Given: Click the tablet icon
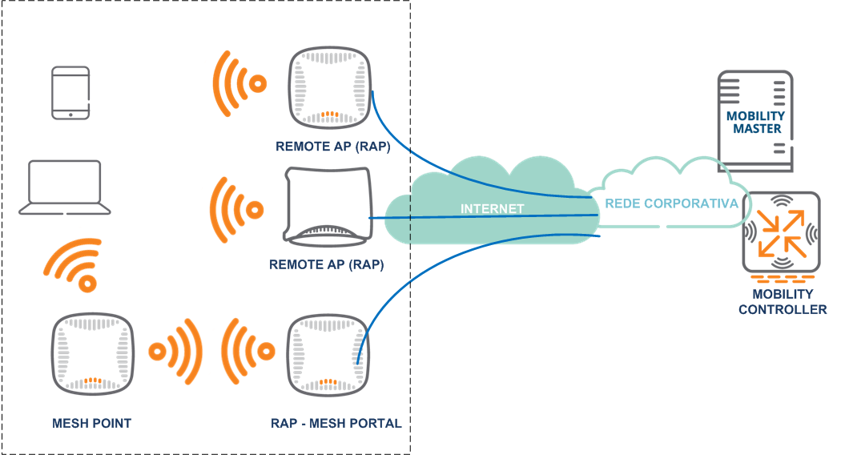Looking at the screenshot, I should click(70, 93).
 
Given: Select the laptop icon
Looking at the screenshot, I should click(65, 187).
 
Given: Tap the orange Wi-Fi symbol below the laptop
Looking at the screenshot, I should click(75, 264).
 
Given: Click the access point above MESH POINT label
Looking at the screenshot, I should click(91, 353).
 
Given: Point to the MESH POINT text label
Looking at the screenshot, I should click(91, 423).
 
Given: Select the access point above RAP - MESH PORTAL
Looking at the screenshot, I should click(328, 353).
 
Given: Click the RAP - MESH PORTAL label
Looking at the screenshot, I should click(336, 423).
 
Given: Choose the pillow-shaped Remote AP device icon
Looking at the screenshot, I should click(328, 206).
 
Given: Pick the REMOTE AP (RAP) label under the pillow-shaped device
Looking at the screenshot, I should click(327, 264).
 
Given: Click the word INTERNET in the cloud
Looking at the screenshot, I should click(492, 209).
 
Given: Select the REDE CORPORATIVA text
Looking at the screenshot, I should click(671, 203).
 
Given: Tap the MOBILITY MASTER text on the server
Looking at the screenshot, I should click(755, 122).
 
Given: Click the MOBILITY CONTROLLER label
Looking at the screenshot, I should click(782, 303).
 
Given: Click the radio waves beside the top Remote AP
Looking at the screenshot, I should click(237, 83).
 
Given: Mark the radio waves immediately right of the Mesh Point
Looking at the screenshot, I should click(174, 352).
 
